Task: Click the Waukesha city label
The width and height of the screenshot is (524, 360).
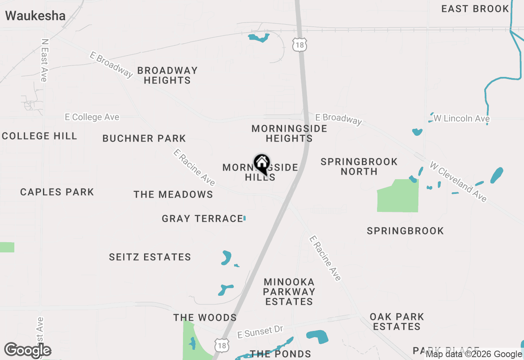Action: click(x=35, y=16)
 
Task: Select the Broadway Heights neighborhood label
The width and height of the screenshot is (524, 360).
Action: click(x=167, y=75)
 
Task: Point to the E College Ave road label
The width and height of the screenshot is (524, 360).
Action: click(x=92, y=117)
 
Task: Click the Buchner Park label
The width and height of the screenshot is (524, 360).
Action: click(x=144, y=138)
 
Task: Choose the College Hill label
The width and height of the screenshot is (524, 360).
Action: click(x=39, y=136)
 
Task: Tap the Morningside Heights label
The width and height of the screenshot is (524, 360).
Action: click(x=289, y=133)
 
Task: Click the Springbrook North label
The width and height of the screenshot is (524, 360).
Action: click(x=359, y=166)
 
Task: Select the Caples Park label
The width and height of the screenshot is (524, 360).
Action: click(x=57, y=192)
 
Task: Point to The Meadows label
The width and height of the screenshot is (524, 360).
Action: click(x=173, y=194)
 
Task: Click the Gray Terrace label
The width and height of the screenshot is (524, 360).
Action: click(x=202, y=218)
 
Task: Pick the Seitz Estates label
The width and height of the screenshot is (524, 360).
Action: click(x=150, y=257)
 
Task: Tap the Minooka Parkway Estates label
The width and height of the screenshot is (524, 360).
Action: click(x=289, y=292)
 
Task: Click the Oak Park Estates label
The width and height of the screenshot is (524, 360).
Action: click(x=397, y=322)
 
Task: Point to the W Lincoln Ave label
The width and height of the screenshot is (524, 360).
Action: click(x=461, y=119)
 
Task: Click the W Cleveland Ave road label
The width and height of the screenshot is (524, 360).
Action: click(x=458, y=182)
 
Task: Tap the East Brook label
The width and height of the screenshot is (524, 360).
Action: click(x=475, y=9)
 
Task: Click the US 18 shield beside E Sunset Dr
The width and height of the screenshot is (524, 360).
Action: click(x=221, y=344)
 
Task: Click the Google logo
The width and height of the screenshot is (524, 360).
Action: click(x=28, y=350)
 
